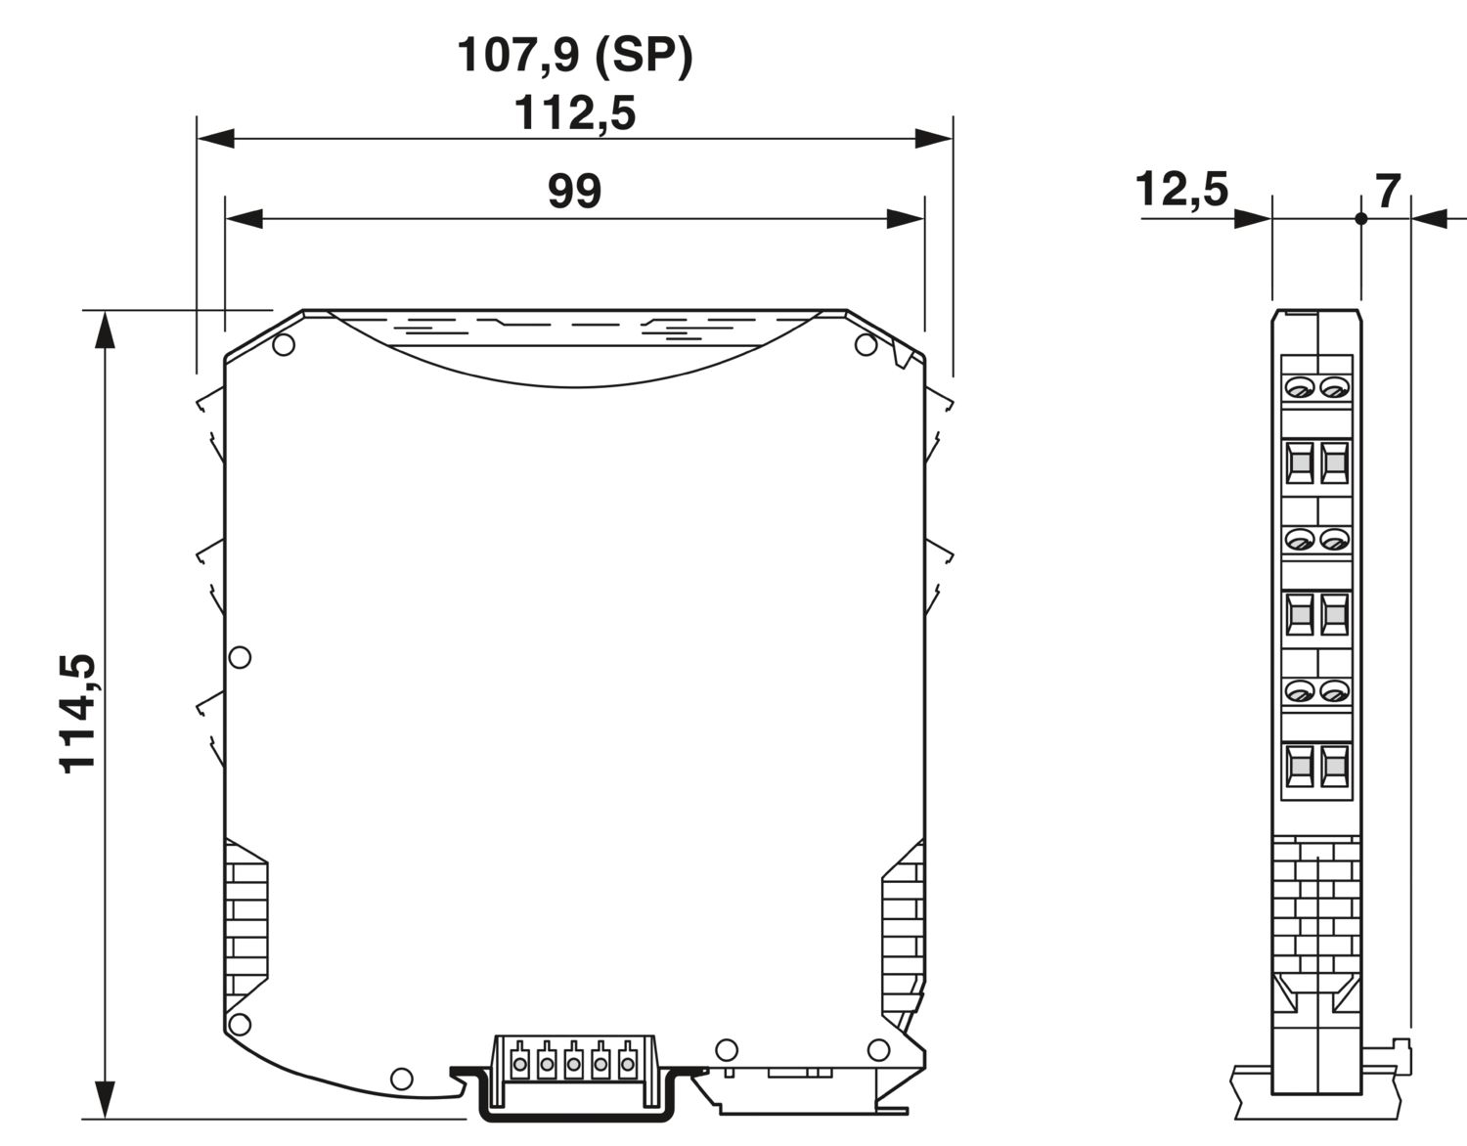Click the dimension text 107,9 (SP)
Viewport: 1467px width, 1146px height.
[x=575, y=56]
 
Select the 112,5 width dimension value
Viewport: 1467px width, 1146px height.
[x=575, y=114]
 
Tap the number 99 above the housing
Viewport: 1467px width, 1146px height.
[x=574, y=191]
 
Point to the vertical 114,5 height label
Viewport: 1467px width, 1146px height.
[x=79, y=713]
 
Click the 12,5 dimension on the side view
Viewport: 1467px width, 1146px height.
[x=1181, y=189]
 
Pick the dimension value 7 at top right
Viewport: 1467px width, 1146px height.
[x=1389, y=192]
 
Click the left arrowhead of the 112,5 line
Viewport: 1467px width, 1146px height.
[x=215, y=139]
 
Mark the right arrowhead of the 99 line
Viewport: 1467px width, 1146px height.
[x=906, y=218]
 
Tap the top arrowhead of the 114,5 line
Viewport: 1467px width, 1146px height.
[x=104, y=329]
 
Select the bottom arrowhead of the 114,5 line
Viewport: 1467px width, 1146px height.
[x=104, y=1099]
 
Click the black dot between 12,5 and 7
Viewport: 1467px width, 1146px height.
[x=1360, y=218]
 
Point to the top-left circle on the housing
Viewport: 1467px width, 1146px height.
[x=284, y=345]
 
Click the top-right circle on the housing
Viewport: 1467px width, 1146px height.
[x=865, y=344]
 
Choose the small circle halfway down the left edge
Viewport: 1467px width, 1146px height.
[x=240, y=656]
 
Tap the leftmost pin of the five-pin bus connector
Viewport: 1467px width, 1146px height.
[x=520, y=1062]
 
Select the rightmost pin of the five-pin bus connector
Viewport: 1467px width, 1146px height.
[x=626, y=1062]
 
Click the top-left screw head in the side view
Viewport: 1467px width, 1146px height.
[x=1299, y=389]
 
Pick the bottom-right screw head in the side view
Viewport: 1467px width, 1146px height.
[x=1333, y=692]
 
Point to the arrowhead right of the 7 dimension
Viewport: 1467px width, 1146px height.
[x=1430, y=218]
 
